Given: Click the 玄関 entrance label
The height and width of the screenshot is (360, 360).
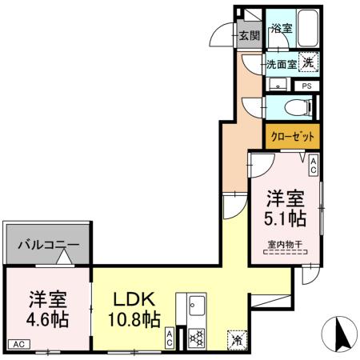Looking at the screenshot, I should coord(249,35).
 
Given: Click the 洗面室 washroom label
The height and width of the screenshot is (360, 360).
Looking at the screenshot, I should coord(282,63).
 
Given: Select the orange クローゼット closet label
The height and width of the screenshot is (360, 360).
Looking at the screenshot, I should coord(292,136).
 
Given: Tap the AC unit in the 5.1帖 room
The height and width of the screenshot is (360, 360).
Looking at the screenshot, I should coord(314,166).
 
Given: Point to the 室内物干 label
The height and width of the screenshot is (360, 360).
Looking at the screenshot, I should coord(284,245).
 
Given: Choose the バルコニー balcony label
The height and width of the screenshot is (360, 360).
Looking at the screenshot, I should coord(49,245).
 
